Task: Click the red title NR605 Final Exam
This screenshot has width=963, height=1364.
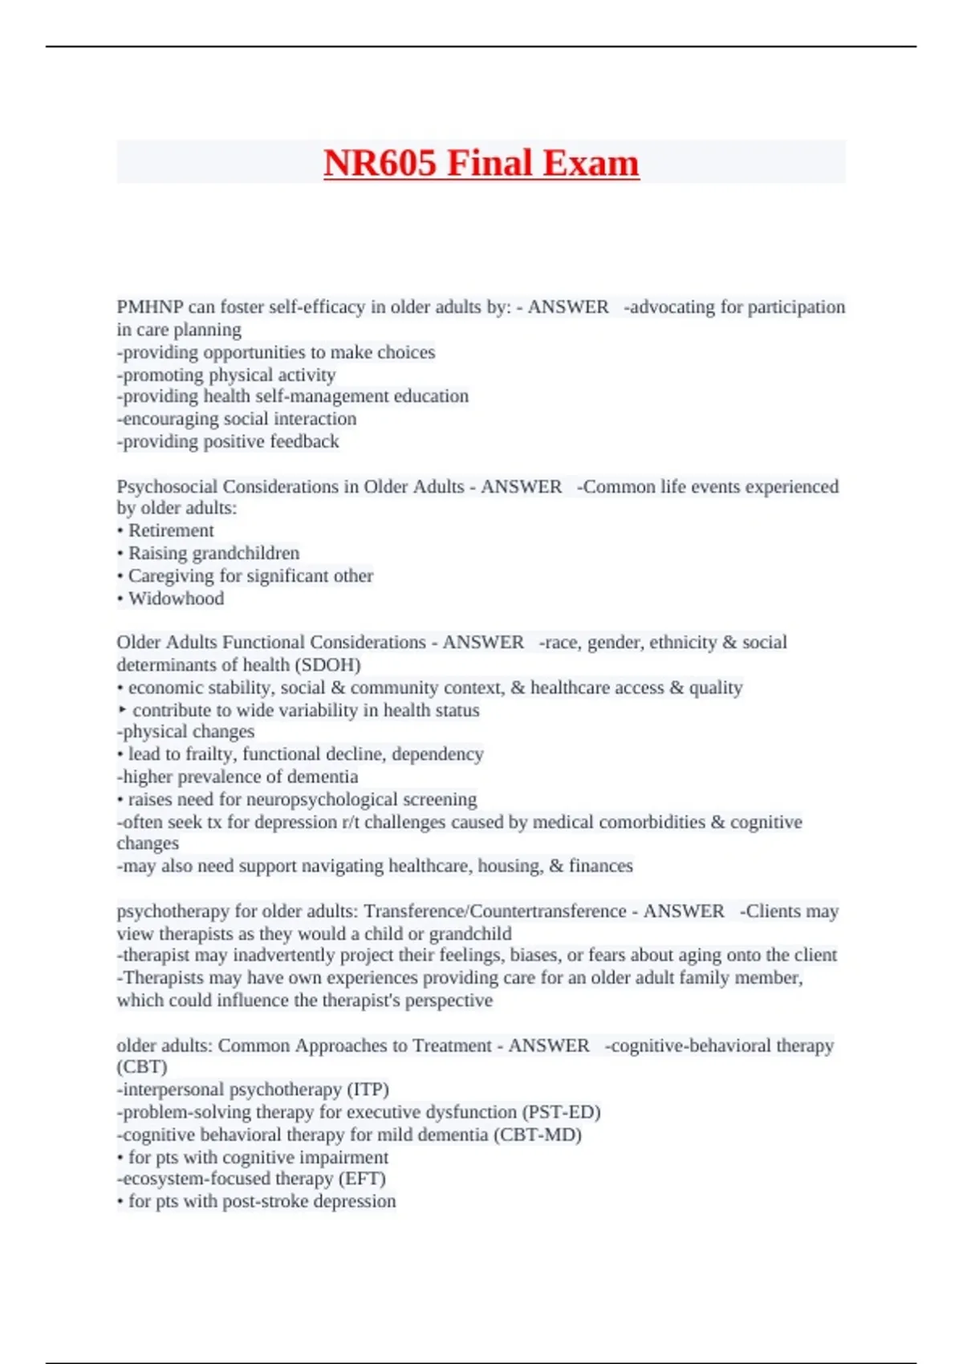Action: click(481, 163)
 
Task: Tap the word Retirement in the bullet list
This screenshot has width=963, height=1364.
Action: click(171, 530)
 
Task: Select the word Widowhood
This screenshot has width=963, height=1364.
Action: click(176, 599)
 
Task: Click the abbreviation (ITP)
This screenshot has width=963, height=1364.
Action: click(368, 1090)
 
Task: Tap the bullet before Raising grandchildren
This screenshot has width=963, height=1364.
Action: click(120, 554)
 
